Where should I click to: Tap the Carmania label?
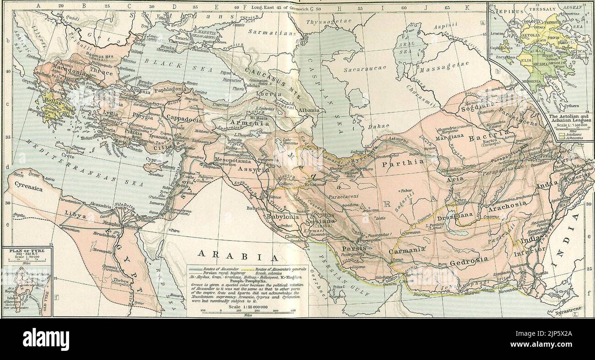407,250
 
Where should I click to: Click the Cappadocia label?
184,118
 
